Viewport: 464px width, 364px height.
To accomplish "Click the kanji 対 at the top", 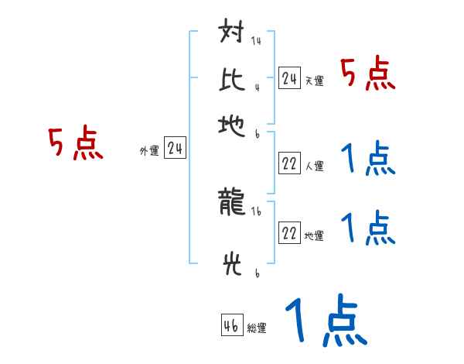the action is [232, 36].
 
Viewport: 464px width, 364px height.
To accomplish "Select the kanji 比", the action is [232, 77].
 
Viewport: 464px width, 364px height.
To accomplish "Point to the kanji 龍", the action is [232, 204].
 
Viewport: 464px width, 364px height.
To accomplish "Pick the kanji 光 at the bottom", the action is [232, 266].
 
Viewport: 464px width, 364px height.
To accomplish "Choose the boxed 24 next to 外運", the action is [175, 149].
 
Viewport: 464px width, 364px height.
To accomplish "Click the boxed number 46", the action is [231, 325].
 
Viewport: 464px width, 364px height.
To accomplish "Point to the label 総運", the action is [257, 328].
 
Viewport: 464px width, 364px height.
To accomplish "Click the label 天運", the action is [314, 81].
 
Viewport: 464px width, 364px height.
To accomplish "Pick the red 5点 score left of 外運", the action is [76, 145].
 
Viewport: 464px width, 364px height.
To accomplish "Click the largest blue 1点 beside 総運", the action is [325, 321].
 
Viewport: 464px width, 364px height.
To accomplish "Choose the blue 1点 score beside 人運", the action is [367, 160].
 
